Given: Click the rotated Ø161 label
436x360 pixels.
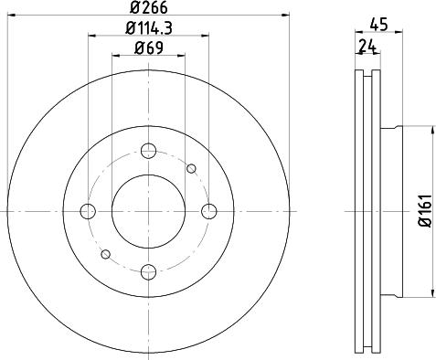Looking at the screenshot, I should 423,210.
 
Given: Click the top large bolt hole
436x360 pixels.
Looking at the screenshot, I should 148,152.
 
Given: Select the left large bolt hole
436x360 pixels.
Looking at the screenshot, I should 89,211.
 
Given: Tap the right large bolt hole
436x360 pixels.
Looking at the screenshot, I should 208,211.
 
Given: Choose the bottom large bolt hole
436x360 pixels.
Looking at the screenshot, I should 148,270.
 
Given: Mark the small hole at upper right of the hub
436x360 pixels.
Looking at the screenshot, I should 191,168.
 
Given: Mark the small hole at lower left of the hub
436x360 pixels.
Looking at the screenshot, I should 106,253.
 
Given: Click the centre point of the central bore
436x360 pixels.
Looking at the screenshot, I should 148,211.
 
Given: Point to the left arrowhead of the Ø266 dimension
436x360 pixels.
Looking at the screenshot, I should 10,16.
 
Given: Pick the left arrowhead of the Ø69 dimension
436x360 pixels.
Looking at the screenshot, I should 115,56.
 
